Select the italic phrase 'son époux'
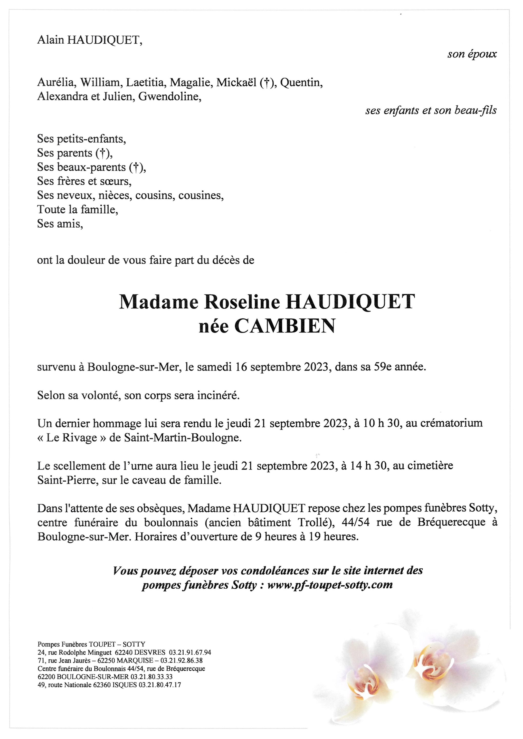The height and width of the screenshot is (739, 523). click(472, 54)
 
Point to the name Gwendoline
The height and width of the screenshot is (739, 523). click(170, 96)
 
